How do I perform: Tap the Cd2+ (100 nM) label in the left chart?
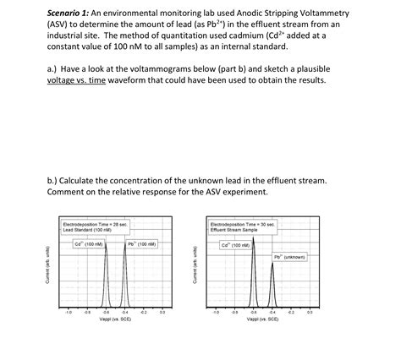point(89,244)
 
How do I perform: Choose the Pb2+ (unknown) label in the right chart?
point(288,256)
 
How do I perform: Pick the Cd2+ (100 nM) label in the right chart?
point(235,245)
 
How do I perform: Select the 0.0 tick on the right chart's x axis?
point(310,312)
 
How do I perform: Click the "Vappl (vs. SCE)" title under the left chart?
point(115,320)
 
